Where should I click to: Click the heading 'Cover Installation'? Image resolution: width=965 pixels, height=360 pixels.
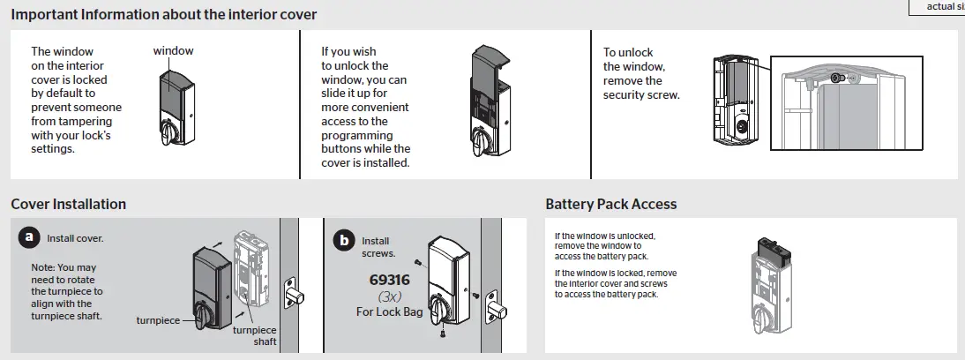(68, 204)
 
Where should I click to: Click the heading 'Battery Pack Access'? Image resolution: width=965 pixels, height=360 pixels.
(610, 204)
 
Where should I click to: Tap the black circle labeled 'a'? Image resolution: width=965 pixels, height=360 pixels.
(30, 236)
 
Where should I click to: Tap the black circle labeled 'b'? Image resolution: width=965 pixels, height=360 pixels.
(342, 240)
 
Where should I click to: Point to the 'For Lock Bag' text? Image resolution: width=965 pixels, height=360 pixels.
(389, 311)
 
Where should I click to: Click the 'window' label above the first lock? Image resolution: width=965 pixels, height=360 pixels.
(173, 51)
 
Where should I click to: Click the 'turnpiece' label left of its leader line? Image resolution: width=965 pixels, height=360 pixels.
(158, 321)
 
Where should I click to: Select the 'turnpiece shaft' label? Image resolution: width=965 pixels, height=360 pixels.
(253, 335)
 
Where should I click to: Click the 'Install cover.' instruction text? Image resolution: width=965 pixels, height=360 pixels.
(75, 238)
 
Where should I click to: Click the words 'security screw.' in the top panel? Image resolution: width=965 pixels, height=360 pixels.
(641, 94)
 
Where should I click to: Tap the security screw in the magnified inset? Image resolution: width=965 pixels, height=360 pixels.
(837, 79)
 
